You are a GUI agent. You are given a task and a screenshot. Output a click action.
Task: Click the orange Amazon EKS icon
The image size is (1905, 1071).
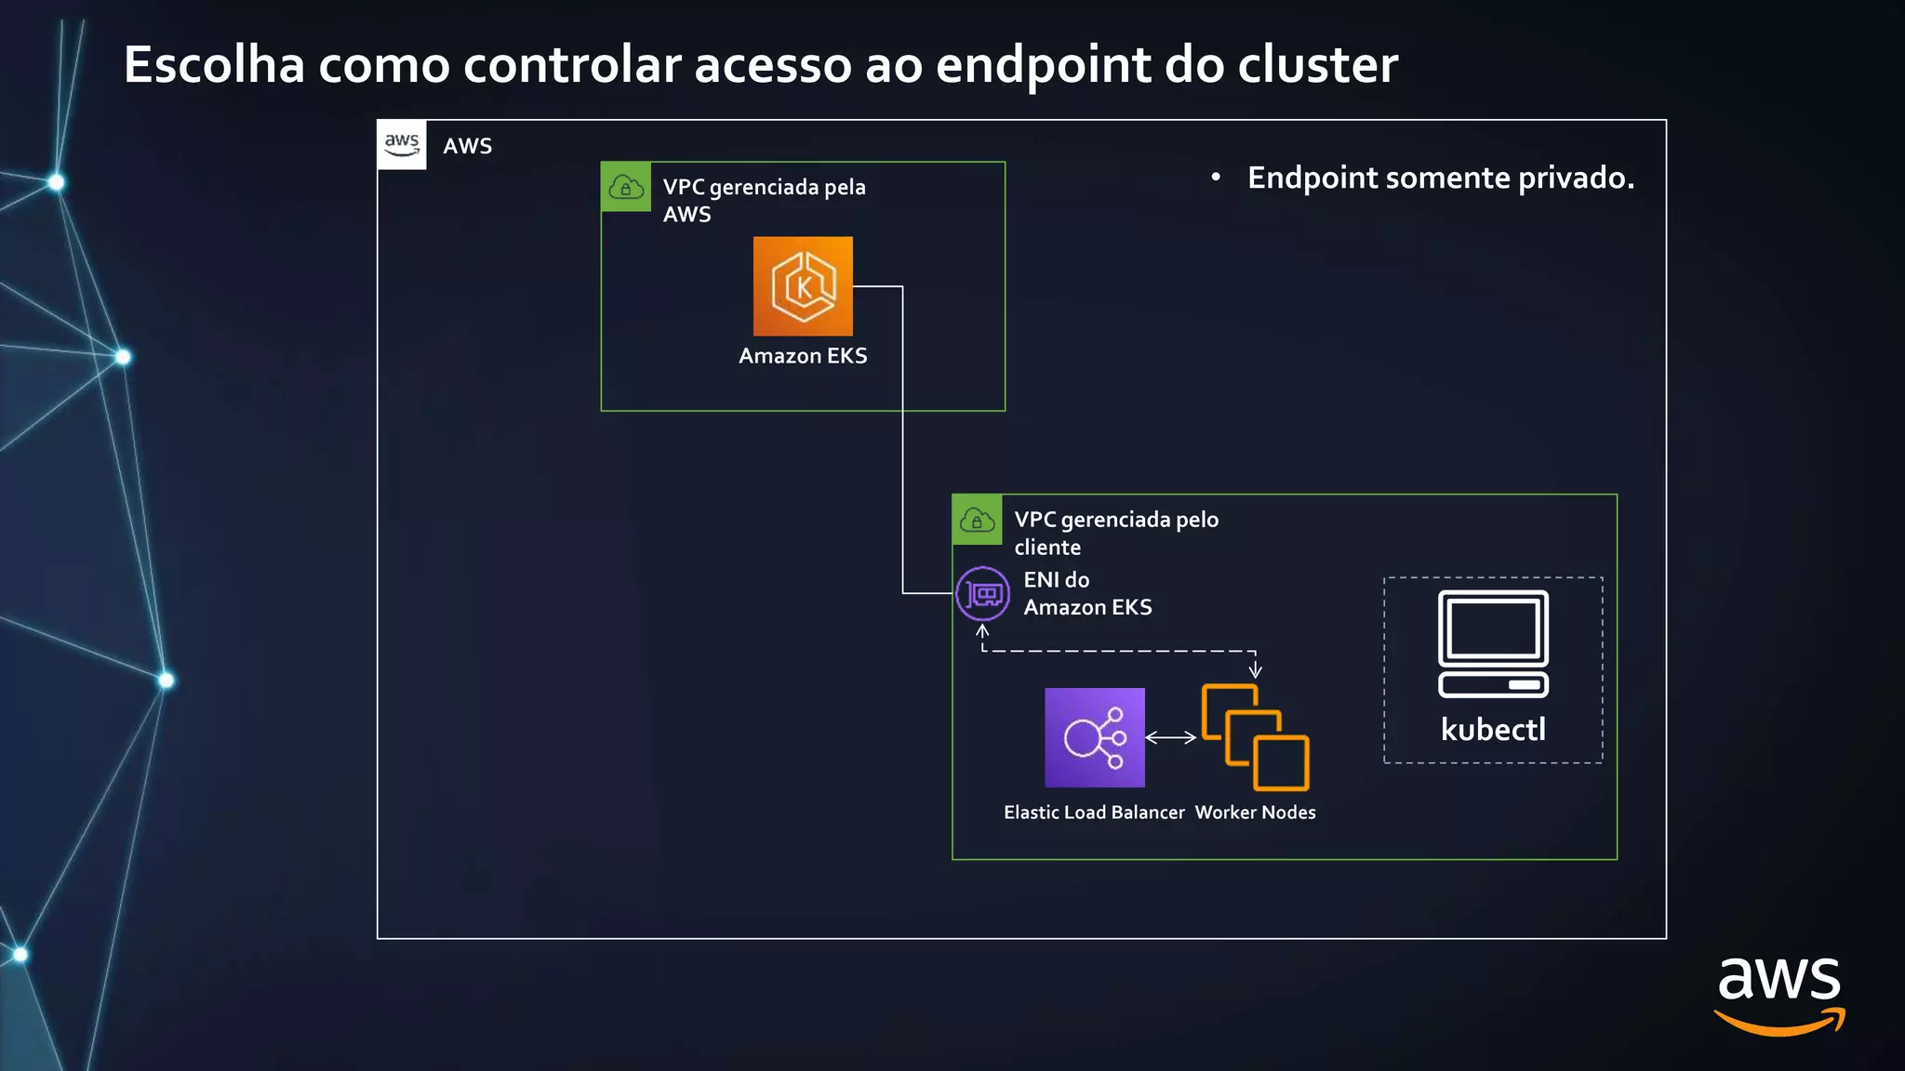tap(803, 286)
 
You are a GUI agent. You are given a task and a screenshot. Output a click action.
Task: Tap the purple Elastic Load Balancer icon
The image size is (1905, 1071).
tap(1094, 737)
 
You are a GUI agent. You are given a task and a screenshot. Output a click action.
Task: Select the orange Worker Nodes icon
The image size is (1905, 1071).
tap(1255, 737)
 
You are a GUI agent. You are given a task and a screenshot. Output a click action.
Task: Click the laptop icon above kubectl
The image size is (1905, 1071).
tap(1493, 643)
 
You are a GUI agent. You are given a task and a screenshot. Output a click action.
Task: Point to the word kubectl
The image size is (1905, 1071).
tap(1493, 730)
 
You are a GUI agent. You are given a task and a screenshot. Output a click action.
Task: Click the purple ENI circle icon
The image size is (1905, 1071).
tap(982, 593)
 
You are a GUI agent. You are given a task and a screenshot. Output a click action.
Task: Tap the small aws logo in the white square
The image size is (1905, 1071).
tap(402, 144)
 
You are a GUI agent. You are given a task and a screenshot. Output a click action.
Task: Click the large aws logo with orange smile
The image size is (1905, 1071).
tap(1778, 995)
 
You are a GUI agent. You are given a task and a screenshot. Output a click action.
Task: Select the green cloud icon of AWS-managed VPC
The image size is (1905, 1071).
tap(626, 187)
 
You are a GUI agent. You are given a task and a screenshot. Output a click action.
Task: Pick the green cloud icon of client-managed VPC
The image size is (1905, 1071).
tap(977, 520)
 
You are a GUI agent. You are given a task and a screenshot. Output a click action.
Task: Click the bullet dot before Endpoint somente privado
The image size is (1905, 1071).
tap(1215, 177)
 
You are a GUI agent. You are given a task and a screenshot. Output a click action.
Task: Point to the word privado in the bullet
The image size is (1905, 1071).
tap(1576, 178)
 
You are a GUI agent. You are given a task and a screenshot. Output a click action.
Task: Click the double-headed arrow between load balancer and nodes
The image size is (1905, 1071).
tap(1170, 737)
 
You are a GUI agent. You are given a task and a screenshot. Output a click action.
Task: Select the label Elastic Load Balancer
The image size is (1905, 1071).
tap(1094, 813)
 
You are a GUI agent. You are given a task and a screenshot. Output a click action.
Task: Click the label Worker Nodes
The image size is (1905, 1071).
tap(1255, 813)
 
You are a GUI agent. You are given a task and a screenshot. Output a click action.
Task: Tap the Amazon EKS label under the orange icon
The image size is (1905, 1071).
tap(803, 356)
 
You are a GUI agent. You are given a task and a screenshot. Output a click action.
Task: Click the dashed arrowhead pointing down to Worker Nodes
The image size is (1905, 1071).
tap(1255, 670)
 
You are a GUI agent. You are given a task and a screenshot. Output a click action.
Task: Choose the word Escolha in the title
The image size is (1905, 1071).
tap(214, 65)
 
